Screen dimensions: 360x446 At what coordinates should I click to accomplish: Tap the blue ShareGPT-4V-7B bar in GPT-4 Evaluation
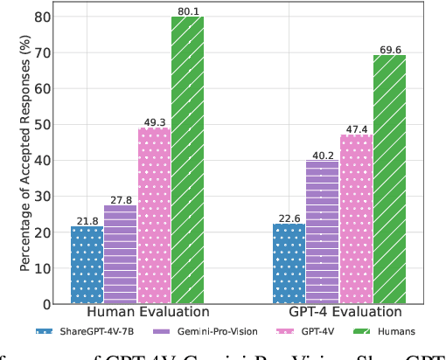pos(289,263)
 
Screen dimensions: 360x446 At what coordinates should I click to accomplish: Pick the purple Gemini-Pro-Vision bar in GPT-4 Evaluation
pos(322,232)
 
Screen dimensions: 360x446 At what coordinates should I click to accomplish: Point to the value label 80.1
pos(187,10)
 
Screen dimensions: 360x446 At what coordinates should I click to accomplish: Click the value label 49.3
pos(154,121)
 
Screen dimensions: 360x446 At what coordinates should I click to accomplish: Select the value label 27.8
pos(121,199)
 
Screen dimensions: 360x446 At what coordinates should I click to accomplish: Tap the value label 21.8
pos(87,220)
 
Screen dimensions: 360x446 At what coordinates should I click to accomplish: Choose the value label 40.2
pos(322,154)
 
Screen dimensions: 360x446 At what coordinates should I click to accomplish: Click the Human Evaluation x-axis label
pos(137,313)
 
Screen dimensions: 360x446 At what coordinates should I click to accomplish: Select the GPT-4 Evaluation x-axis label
pos(339,313)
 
